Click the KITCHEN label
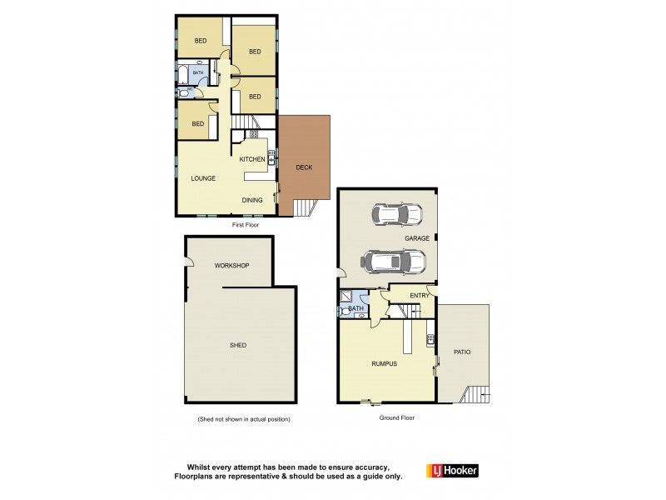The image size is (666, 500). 252,159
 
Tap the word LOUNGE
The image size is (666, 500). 203,178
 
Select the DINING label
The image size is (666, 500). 252,200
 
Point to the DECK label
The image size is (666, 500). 304,167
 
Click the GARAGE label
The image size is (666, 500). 417,238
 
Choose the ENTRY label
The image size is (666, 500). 420,295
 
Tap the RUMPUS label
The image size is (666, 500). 384,363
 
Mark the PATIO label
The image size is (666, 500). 462,352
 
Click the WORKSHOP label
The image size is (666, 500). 231,266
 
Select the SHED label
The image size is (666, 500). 238,345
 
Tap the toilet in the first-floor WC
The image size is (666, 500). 183,93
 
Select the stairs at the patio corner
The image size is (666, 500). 477,394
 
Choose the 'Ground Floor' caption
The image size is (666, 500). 397,417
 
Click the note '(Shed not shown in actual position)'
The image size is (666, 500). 243,419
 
